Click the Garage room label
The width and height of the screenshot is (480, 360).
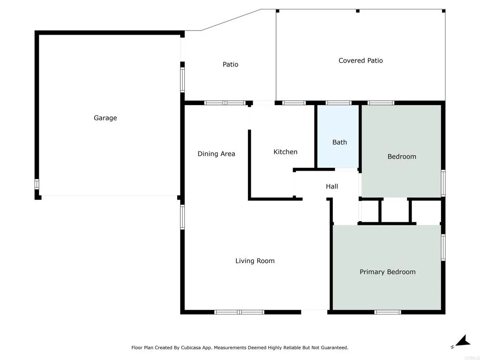[x=105, y=118]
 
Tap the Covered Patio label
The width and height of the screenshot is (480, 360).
[x=360, y=60]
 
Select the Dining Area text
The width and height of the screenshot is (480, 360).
[x=216, y=154]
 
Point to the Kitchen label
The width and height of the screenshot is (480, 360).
[x=285, y=152]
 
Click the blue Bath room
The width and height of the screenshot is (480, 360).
[x=339, y=136]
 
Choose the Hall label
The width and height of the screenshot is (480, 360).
[x=332, y=187]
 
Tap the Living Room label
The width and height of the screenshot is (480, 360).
[x=255, y=261]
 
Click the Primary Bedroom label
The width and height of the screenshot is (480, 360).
[x=387, y=272]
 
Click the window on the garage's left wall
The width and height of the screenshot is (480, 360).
[x=37, y=184]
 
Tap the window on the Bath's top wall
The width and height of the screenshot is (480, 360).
[x=338, y=103]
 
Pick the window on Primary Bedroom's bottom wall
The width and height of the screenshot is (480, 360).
[x=388, y=312]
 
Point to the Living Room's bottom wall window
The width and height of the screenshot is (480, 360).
[x=239, y=312]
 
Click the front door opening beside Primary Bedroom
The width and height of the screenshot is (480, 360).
[x=314, y=311]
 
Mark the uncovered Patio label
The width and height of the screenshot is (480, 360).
[x=230, y=64]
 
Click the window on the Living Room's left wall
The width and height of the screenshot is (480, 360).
[x=182, y=217]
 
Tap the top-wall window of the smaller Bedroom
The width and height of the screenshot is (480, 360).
[x=381, y=103]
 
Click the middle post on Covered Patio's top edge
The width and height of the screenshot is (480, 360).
[x=358, y=11]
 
